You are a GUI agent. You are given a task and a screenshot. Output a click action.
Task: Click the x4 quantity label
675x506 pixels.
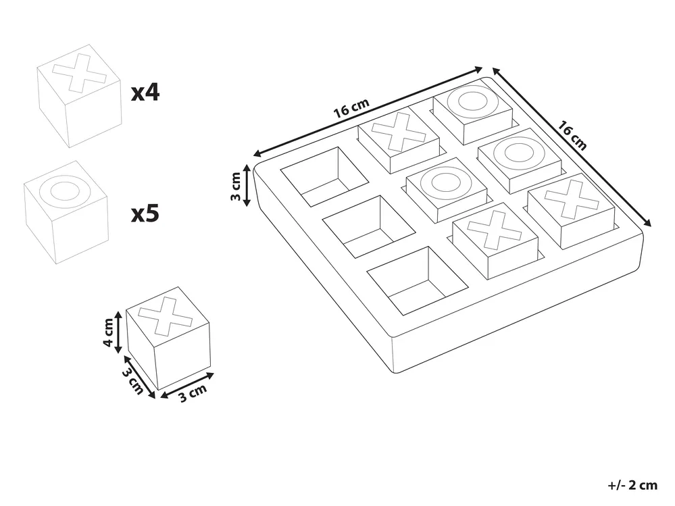click(x=145, y=93)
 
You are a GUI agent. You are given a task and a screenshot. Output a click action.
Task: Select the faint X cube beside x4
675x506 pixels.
click(x=79, y=95)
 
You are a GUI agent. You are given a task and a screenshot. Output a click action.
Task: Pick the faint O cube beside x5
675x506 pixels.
click(x=66, y=211)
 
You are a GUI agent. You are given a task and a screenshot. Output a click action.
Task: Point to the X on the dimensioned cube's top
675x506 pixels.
click(x=166, y=316)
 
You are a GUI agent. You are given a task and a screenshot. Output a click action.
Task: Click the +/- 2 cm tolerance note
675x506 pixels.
click(x=633, y=485)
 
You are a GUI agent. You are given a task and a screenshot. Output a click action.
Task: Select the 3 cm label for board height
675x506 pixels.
click(x=236, y=186)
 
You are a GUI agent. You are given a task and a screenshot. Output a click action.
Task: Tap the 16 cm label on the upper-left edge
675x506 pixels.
click(x=352, y=108)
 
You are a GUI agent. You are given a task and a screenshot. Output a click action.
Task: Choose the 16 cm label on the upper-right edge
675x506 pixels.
click(x=572, y=135)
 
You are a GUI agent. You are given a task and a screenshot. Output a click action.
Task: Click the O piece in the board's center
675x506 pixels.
click(x=447, y=190)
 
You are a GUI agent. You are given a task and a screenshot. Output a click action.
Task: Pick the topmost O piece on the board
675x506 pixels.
click(x=473, y=114)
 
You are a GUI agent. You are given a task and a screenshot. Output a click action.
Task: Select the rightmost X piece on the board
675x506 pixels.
click(x=571, y=210)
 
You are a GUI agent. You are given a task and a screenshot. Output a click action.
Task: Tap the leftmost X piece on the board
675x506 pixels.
click(x=399, y=142)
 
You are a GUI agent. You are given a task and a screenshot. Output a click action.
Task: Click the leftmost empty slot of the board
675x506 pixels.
click(x=324, y=176)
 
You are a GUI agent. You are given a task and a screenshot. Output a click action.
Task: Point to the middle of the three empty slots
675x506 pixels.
click(x=369, y=227)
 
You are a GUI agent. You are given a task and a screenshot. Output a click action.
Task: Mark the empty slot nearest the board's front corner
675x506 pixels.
click(x=418, y=280)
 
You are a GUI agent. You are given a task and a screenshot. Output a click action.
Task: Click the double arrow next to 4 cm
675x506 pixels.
click(x=119, y=332)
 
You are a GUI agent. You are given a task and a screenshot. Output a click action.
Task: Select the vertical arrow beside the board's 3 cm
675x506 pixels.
click(x=247, y=185)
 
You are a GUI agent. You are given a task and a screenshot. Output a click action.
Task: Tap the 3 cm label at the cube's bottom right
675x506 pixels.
click(x=193, y=393)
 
